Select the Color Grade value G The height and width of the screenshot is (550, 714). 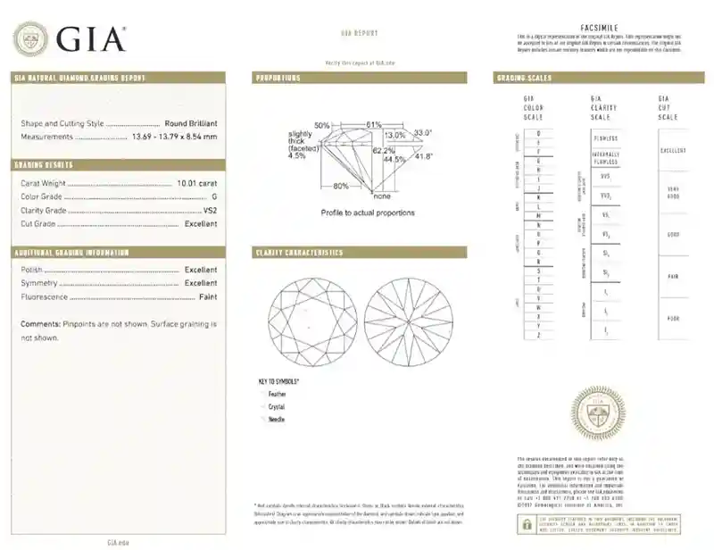(x=213, y=196)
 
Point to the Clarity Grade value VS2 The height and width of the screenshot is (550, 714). (x=210, y=210)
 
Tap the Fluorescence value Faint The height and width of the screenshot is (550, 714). (x=207, y=296)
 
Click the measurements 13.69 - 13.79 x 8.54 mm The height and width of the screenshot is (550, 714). (x=174, y=137)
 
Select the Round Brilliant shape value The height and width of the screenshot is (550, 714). (x=191, y=123)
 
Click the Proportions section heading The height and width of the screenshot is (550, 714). (x=278, y=79)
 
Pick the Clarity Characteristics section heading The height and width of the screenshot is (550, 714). (x=299, y=253)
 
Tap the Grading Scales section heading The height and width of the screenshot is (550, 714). (x=524, y=79)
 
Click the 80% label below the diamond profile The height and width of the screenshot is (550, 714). (x=341, y=186)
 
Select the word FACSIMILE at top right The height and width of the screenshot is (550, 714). (x=599, y=29)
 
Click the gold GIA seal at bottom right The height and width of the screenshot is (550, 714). (x=598, y=412)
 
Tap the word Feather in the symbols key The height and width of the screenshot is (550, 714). (x=278, y=394)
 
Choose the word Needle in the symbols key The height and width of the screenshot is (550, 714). (x=277, y=419)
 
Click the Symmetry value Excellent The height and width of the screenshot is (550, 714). (x=200, y=282)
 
